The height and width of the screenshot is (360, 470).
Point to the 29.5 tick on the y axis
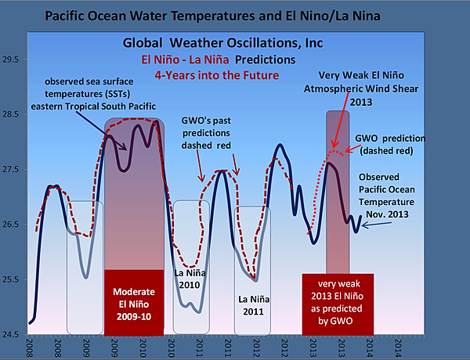[13, 59]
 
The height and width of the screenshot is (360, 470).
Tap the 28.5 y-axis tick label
[13, 114]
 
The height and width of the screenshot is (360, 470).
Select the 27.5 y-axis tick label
[13, 169]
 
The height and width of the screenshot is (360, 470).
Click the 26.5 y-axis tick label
[13, 225]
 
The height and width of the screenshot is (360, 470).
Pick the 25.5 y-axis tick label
[13, 279]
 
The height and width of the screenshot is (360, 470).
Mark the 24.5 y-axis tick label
[13, 334]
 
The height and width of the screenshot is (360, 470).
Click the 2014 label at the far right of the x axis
[399, 347]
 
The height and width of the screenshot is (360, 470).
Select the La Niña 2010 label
[190, 280]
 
